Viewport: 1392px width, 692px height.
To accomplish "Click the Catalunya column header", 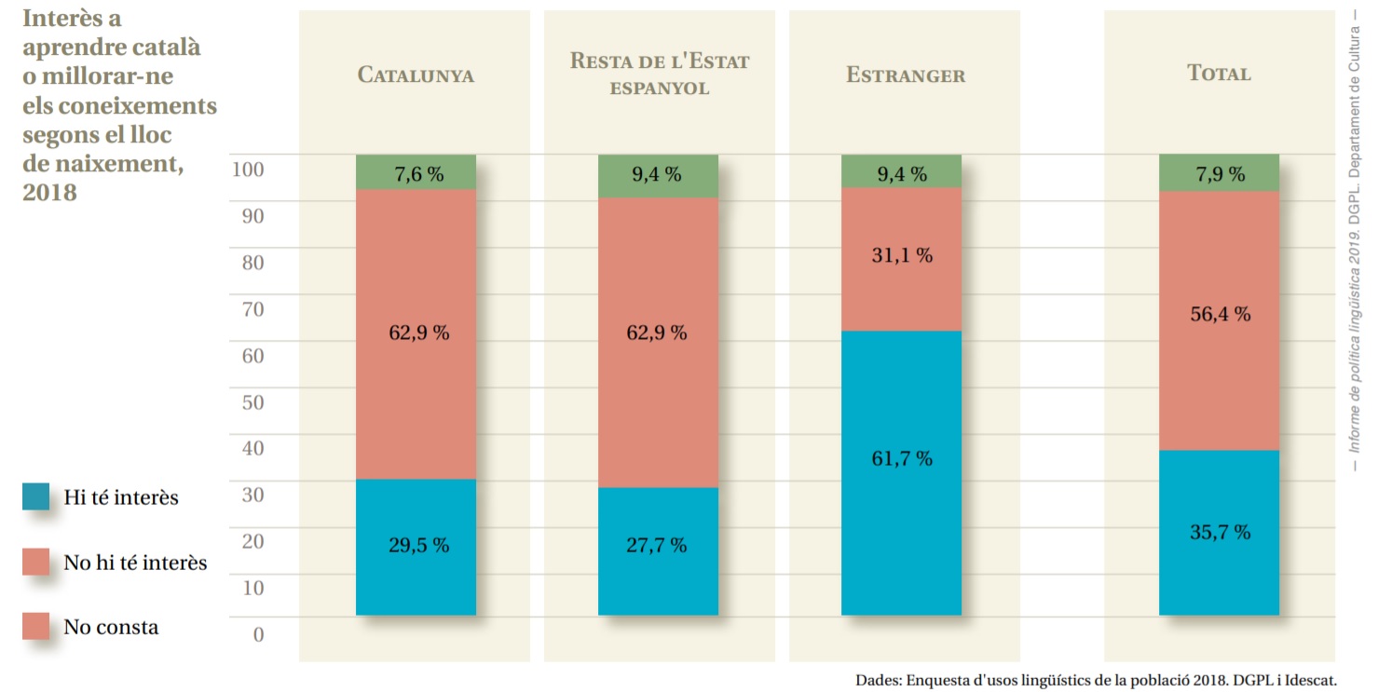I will (416, 75).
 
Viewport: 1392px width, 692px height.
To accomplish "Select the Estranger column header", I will (906, 75).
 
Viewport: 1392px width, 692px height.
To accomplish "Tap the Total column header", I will (1219, 74).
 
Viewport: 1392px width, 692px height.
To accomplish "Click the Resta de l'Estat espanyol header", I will (659, 74).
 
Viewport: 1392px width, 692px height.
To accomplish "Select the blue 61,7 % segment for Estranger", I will (901, 472).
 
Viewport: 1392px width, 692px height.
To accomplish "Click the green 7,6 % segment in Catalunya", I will (416, 173).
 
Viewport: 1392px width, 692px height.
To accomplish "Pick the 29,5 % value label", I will (418, 545).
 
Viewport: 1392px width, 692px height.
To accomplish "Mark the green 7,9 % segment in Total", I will (1219, 173).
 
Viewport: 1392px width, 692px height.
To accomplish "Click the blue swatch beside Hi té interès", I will (36, 496).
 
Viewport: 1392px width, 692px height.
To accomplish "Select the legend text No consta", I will (111, 627).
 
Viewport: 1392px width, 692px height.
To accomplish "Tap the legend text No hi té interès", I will (135, 563).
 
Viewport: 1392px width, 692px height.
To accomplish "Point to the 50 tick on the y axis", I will (253, 402).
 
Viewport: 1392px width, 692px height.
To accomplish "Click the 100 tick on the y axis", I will (248, 170).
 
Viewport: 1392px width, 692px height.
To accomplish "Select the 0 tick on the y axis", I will (258, 634).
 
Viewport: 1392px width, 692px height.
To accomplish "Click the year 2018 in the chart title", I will (49, 193).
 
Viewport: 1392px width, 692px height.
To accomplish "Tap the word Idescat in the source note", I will (1304, 680).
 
